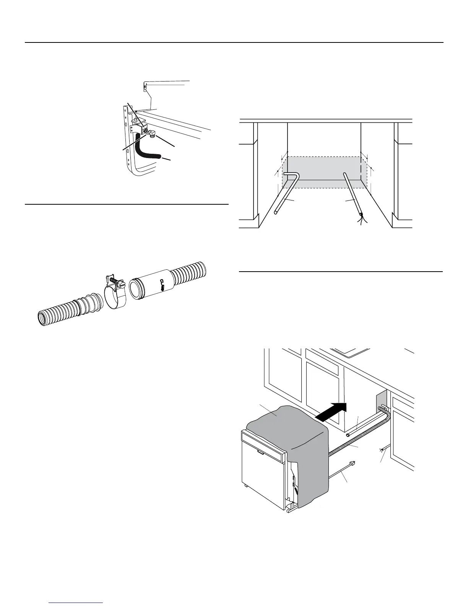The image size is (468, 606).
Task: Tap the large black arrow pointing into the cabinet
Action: tap(333, 412)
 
